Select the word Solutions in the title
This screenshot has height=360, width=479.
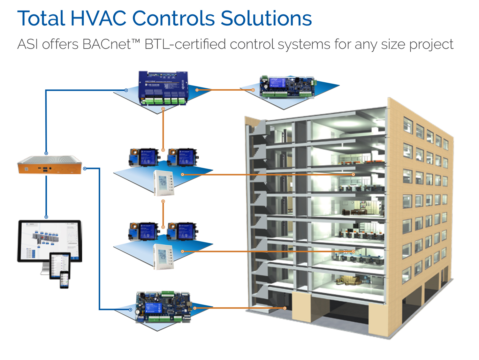[x=266, y=19]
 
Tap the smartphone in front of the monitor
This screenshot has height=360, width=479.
[x=65, y=280]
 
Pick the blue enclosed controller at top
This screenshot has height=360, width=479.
[x=163, y=88]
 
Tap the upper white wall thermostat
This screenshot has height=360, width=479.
[x=164, y=183]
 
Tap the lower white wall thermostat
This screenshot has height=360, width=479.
[x=163, y=256]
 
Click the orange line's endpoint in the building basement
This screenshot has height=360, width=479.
[x=285, y=308]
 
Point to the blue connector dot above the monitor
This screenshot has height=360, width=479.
[x=46, y=217]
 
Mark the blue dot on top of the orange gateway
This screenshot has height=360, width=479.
[x=46, y=154]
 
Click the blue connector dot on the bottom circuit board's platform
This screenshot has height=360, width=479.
[x=130, y=310]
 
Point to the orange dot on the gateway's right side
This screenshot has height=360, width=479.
[x=85, y=169]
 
